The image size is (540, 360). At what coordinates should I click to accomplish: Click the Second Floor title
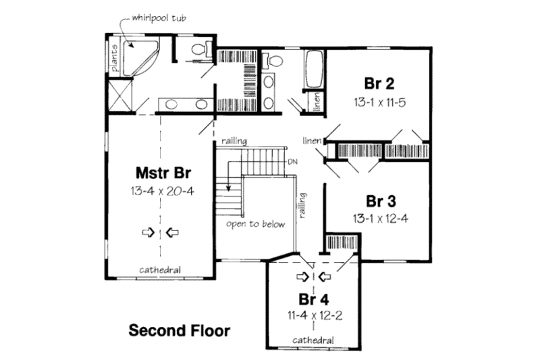(x=179, y=331)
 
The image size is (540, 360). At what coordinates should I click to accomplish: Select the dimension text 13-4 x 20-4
(x=162, y=190)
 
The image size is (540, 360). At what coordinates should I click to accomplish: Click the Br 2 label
(x=380, y=84)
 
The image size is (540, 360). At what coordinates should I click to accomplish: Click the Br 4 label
(x=315, y=298)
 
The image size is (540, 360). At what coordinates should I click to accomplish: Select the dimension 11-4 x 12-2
(x=315, y=315)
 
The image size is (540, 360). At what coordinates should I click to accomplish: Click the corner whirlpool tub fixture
(x=140, y=54)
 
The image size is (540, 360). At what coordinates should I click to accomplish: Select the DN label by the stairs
(x=292, y=162)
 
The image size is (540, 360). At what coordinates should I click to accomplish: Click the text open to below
(x=256, y=224)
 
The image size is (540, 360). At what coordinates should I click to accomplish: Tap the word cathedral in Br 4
(x=315, y=339)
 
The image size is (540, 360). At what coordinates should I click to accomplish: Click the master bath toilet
(x=200, y=49)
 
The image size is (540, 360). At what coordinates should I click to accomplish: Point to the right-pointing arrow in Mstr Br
(x=146, y=233)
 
